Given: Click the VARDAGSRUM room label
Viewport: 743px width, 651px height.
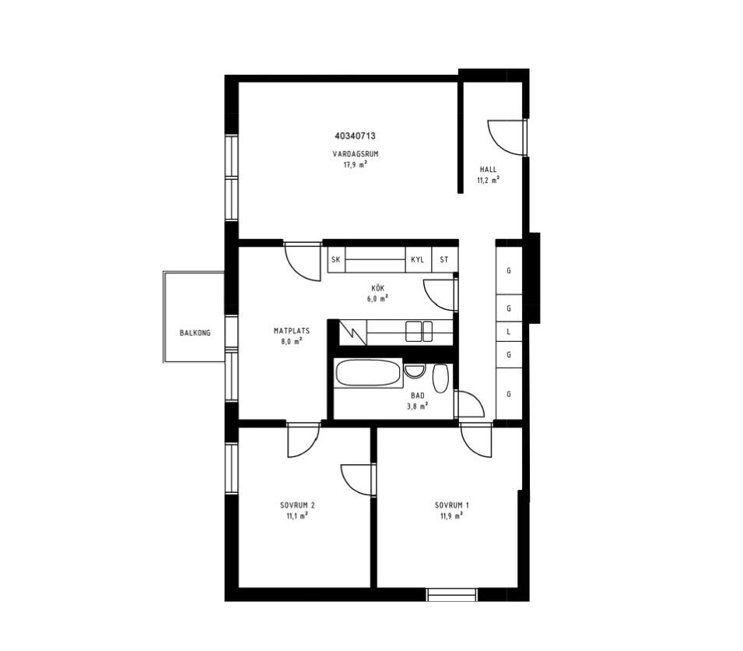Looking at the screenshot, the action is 356,154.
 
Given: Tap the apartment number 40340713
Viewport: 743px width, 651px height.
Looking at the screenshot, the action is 355,136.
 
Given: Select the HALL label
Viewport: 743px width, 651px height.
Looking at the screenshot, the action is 488,169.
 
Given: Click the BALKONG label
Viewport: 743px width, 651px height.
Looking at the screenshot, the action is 195,333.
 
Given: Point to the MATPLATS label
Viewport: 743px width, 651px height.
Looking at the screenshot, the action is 292,331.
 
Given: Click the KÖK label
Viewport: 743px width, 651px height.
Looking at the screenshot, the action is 378,288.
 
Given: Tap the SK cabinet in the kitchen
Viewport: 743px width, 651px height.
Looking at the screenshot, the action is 336,259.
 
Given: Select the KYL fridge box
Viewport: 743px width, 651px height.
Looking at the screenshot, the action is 418,259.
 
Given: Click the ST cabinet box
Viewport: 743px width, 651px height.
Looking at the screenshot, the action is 444,259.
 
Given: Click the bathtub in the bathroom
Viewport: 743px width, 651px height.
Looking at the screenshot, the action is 368,373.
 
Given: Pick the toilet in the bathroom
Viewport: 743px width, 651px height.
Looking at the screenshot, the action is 440,378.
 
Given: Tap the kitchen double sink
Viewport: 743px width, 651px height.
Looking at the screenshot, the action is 419,331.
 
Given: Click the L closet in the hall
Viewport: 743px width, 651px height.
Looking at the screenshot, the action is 509,332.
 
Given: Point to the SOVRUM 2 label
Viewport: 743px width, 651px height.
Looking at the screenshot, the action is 297,505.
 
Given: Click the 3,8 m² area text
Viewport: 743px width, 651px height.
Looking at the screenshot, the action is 418,406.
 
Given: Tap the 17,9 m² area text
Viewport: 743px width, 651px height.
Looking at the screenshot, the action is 356,164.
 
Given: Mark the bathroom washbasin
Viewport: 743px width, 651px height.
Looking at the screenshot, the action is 415,371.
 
